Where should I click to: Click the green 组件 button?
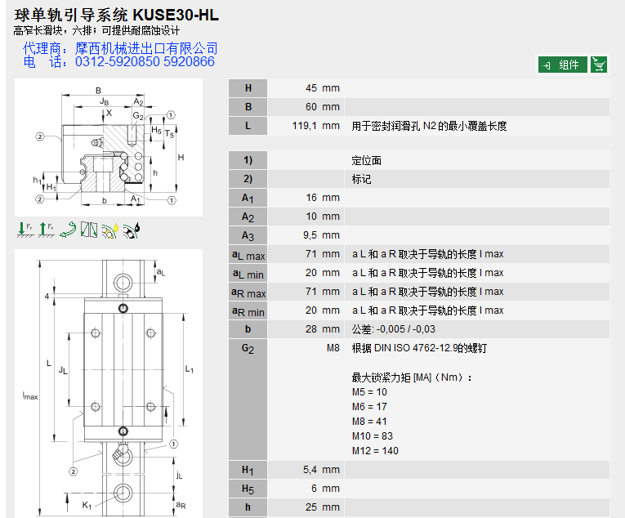point(562,65)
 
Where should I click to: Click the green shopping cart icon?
point(599,65)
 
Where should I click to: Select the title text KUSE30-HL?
point(173,15)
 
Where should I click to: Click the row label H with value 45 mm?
point(248,88)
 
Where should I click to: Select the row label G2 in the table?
point(248,349)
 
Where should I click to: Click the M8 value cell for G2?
point(332,348)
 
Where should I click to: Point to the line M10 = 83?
point(372,436)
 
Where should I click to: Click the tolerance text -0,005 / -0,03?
point(404,329)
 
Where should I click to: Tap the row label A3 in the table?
point(248,235)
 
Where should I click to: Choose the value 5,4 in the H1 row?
point(310,470)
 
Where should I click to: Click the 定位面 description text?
point(367,161)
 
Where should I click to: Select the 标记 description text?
point(361,179)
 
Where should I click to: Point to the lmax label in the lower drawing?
point(30,395)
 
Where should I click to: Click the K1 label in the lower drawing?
point(87,505)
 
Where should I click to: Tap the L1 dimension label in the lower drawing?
point(190,369)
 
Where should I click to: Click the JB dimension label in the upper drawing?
point(104,102)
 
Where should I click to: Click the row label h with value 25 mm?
point(248,507)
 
